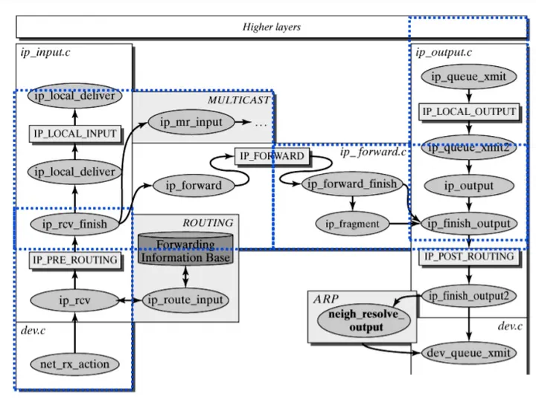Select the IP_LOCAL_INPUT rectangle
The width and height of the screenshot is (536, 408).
click(75, 133)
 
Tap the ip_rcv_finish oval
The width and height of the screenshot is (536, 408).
click(75, 223)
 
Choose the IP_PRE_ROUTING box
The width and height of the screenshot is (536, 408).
click(75, 259)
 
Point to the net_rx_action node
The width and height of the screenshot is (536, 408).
click(74, 363)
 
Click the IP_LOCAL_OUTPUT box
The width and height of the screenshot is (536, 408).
click(469, 111)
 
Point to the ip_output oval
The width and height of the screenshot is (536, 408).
click(469, 185)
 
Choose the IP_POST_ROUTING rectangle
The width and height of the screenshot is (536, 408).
click(469, 256)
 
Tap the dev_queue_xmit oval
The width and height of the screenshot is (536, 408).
click(469, 353)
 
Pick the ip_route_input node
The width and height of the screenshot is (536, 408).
click(185, 299)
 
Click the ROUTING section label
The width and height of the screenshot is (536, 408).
click(208, 222)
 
